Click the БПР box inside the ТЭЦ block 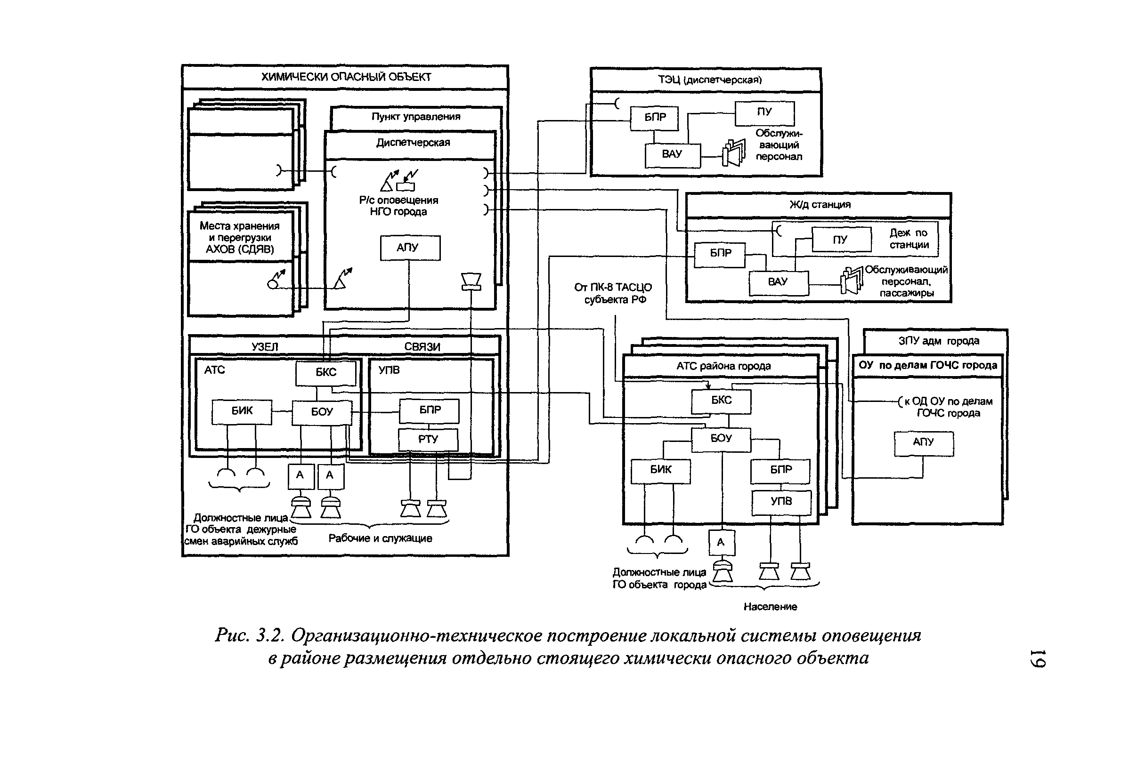coord(654,118)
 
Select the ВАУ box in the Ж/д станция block coord(778,282)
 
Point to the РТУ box coord(428,440)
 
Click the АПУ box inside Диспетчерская coord(409,248)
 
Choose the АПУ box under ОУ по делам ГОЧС coord(923,443)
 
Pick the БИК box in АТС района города coord(660,470)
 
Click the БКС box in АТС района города coord(721,401)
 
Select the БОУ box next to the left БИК coord(322,412)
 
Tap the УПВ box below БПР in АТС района coord(781,502)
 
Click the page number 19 coord(1037,658)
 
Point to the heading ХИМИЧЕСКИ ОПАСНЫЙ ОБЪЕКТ coord(345,77)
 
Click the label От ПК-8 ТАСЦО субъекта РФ coord(613,293)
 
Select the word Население coord(770,607)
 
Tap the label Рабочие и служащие coord(380,538)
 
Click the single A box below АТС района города coord(721,542)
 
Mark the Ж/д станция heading coord(820,205)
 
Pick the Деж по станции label coord(909,239)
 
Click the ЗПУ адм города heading coord(938,341)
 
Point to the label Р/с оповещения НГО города coord(398,206)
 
